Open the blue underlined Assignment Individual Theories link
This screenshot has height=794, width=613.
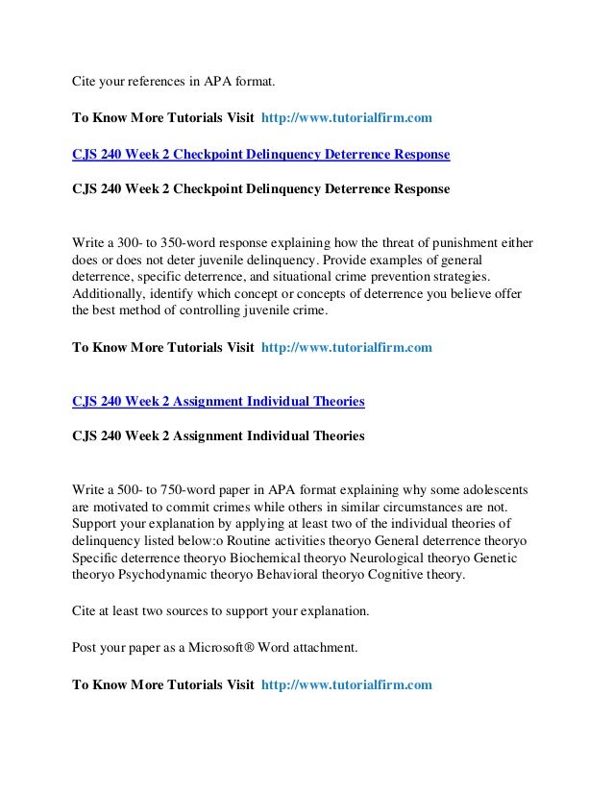coord(219,401)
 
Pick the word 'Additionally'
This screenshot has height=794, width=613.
coord(112,293)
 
